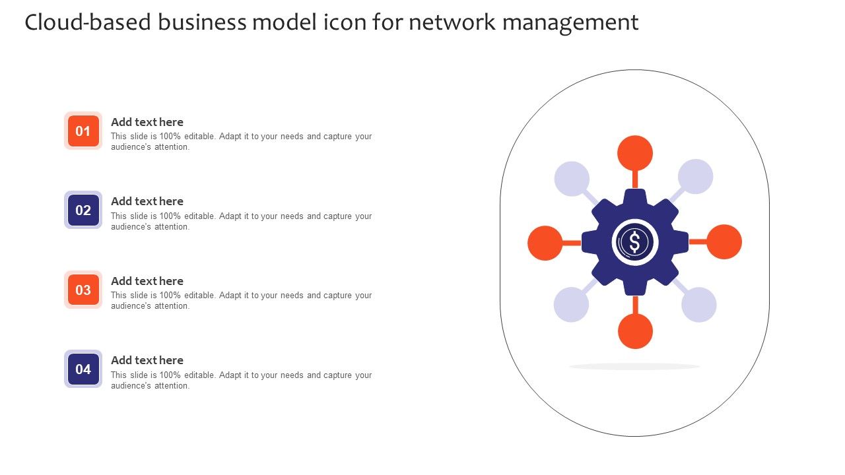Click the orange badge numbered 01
coord(83,131)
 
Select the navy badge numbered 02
coord(83,210)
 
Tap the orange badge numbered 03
coord(83,290)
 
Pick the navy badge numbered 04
coord(83,369)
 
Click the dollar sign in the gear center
coord(635,242)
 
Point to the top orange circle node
coord(635,153)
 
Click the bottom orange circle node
coord(635,331)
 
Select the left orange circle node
coord(545,243)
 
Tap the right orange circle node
coord(724,241)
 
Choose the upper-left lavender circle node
coord(572,179)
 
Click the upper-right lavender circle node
coord(696,176)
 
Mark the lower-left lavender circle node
coord(571,305)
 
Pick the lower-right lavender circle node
coord(699,305)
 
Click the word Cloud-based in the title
coord(88,22)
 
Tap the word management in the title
coord(570,23)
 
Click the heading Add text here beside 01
coord(147,122)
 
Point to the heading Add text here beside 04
coord(147,360)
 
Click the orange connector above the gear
coord(635,179)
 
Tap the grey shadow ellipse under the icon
coord(634,366)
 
